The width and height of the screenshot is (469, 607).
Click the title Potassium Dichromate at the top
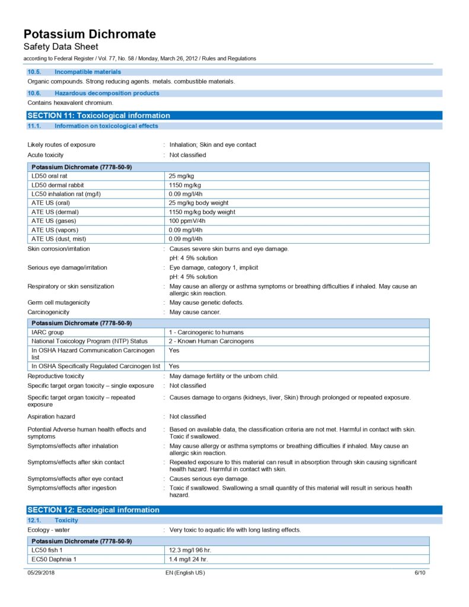click(90, 34)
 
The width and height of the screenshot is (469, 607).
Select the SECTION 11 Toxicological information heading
click(98, 116)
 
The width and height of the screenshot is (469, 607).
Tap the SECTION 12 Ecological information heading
click(93, 510)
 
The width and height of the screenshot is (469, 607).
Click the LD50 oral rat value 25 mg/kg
click(181, 176)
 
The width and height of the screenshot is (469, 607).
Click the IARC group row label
click(47, 333)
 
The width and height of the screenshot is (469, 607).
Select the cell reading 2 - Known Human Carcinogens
click(211, 341)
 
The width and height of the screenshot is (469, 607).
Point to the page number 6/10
click(420, 573)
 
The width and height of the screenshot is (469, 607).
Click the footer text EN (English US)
click(185, 573)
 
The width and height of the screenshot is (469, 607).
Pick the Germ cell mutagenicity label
click(58, 302)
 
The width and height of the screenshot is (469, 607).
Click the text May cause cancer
click(195, 312)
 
